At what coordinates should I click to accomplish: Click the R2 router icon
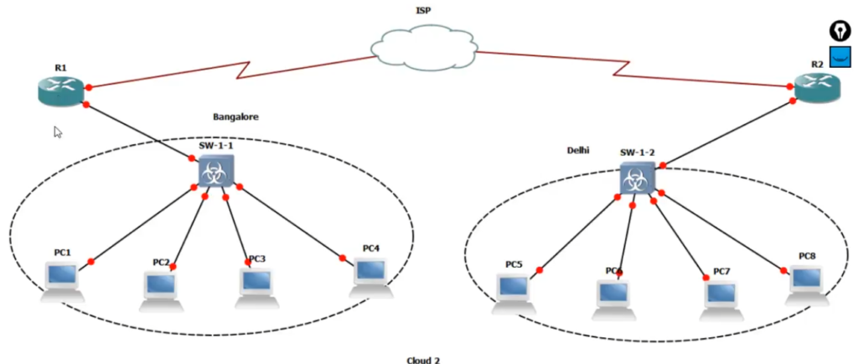(x=817, y=86)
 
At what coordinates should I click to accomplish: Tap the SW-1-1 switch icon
(x=216, y=172)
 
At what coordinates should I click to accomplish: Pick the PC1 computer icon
(x=63, y=280)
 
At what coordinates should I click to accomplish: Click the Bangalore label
(x=235, y=117)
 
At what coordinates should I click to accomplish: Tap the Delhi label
(x=578, y=150)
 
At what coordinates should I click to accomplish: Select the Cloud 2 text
(x=422, y=360)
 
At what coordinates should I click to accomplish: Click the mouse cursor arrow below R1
(x=59, y=132)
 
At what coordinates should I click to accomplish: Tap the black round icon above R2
(x=839, y=31)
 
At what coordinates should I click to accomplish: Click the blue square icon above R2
(x=840, y=55)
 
